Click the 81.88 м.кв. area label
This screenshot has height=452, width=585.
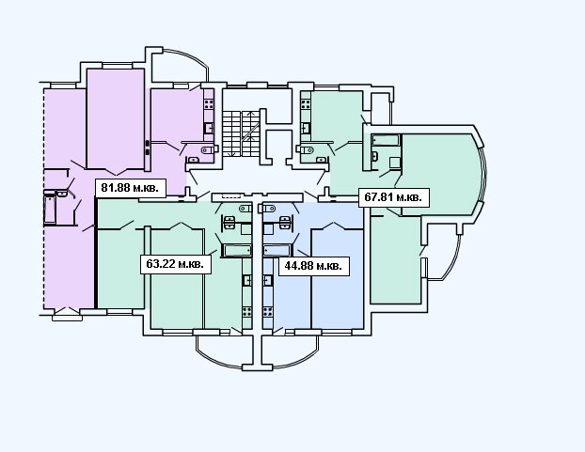click(x=130, y=188)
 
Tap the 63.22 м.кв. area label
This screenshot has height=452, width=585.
click(x=175, y=264)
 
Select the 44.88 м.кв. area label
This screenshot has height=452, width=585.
click(x=314, y=266)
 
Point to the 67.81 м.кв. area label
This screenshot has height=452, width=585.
click(x=394, y=197)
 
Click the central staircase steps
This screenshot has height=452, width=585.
click(x=241, y=133)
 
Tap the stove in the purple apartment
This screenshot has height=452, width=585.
click(x=209, y=104)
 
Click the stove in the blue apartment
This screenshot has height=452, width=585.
click(x=267, y=311)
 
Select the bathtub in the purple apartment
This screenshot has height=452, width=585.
click(x=50, y=209)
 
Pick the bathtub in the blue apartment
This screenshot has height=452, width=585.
click(x=277, y=250)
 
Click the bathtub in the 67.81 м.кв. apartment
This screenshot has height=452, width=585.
click(x=386, y=140)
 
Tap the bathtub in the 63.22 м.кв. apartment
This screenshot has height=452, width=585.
click(x=236, y=250)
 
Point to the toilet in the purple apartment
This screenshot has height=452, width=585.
click(x=210, y=149)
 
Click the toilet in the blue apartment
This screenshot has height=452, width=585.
click(x=269, y=209)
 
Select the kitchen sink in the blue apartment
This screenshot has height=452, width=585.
click(x=267, y=280)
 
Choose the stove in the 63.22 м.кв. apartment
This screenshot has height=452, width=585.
click(x=247, y=311)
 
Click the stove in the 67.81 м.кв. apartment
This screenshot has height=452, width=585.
click(x=306, y=104)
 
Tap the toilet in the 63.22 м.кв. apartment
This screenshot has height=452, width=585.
click(x=245, y=209)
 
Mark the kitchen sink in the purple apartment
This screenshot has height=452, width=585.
click(x=209, y=129)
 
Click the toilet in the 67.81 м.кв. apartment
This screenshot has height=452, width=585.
click(x=306, y=149)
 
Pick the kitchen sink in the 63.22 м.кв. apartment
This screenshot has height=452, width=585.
click(x=247, y=280)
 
